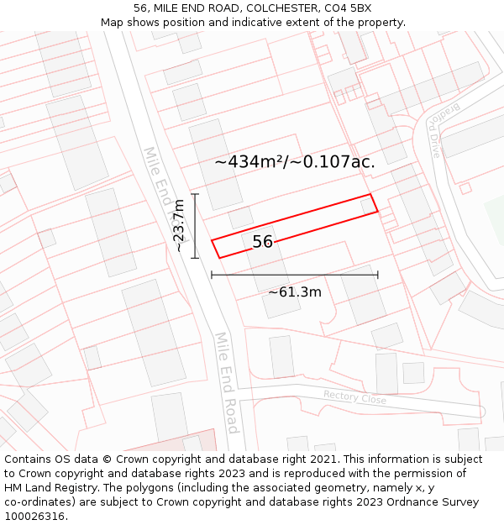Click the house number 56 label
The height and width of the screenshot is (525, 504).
[262, 242]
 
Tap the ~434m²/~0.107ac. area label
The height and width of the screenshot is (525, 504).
[294, 162]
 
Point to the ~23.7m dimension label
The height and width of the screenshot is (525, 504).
[178, 225]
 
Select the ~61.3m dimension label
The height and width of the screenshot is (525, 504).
[295, 292]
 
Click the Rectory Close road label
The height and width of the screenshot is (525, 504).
[354, 397]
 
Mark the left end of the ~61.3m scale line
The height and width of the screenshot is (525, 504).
[212, 274]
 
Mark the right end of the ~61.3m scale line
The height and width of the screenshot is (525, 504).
[378, 274]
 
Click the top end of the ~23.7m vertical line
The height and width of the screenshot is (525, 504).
[195, 194]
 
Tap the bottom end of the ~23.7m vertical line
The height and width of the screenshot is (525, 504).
[195, 258]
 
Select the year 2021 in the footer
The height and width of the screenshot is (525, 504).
[325, 459]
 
